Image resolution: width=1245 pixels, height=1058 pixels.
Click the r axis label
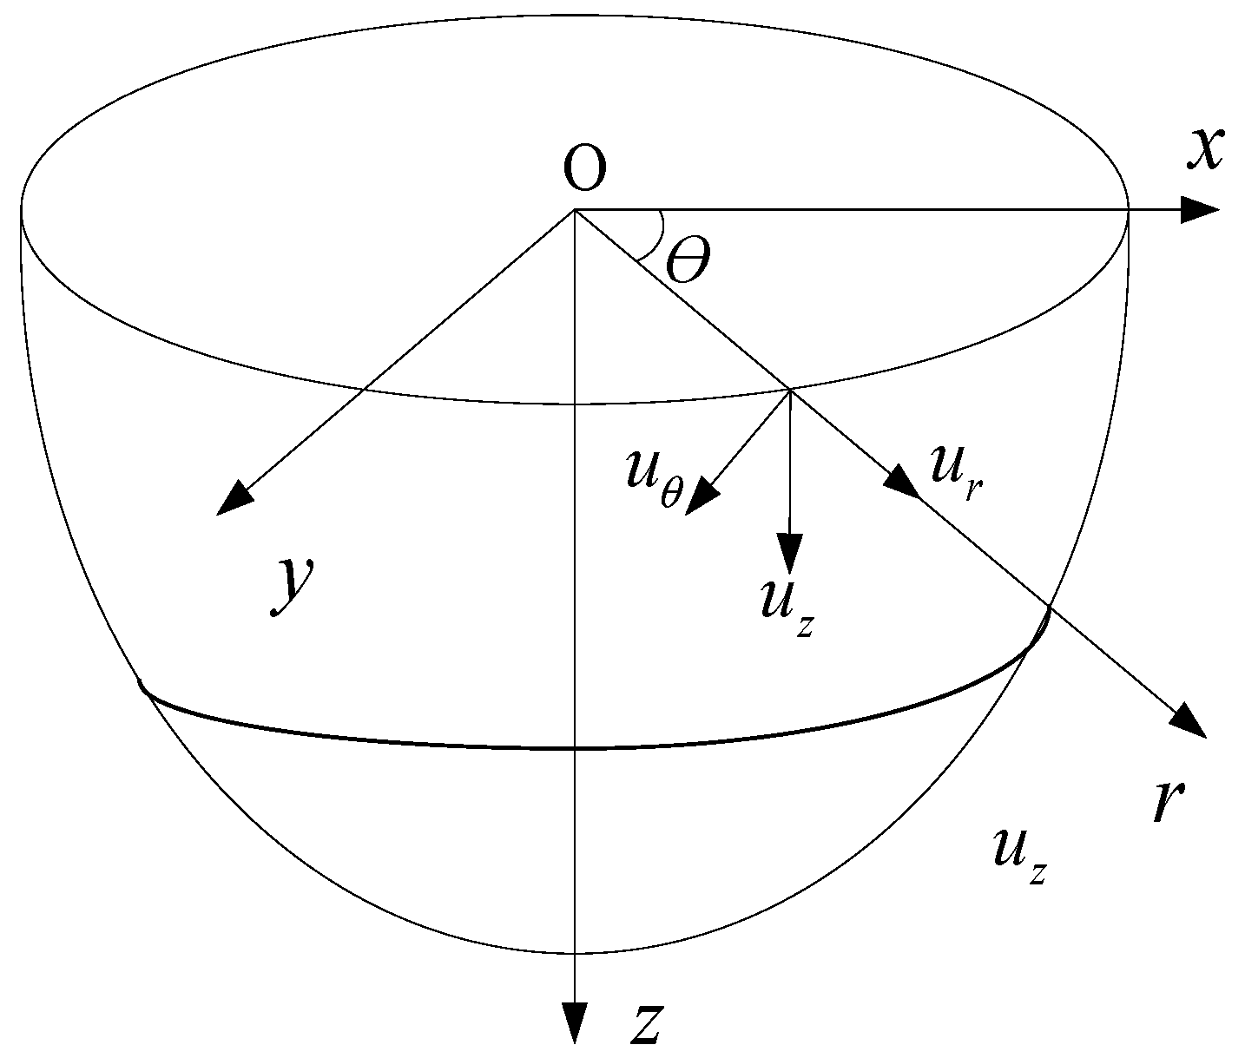coord(1169,803)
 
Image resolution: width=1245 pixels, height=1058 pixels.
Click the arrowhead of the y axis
coord(232,501)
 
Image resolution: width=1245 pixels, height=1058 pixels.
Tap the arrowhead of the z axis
coord(574,1022)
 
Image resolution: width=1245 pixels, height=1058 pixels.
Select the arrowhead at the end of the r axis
coord(1190,722)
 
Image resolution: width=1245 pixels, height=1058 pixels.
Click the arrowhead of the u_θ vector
coord(702,499)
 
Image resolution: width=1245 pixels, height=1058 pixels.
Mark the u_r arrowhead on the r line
coord(901,482)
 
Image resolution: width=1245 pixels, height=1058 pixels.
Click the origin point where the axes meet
coord(574,210)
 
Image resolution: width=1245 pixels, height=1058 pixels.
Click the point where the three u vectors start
coord(790,390)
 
